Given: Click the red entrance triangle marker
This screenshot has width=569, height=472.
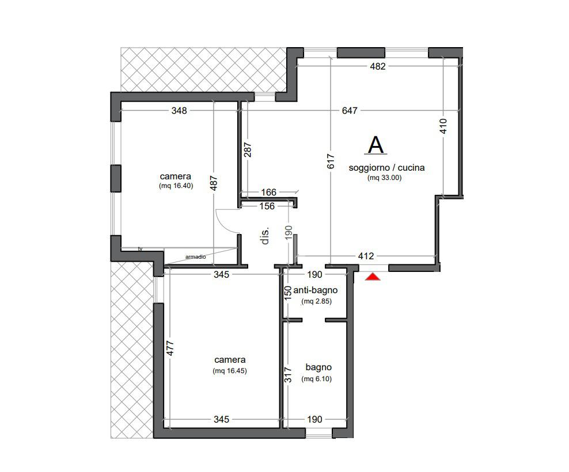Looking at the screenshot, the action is click(x=373, y=277).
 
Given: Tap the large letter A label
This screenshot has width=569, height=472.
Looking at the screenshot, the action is click(x=375, y=145).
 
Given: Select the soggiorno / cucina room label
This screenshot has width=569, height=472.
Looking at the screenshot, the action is click(x=386, y=168).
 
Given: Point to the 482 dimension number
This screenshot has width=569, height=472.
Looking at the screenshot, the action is click(x=377, y=66).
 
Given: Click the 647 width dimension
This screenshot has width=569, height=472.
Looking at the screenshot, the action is click(x=350, y=110).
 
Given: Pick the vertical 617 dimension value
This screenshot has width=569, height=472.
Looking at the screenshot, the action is click(x=331, y=161).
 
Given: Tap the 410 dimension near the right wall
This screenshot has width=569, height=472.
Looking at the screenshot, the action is click(x=443, y=126).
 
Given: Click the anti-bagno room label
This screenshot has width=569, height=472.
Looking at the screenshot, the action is click(x=316, y=290).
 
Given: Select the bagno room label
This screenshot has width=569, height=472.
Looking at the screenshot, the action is click(x=318, y=367).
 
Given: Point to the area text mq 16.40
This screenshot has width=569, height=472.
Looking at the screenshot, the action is click(x=176, y=186).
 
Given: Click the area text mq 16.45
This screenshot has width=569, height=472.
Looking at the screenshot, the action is click(x=230, y=371).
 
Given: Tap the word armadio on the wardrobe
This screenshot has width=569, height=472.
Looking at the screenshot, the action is click(x=196, y=257).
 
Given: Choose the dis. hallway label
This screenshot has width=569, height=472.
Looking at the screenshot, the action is click(x=265, y=236).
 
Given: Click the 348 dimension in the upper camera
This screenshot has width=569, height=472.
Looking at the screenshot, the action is click(x=179, y=110).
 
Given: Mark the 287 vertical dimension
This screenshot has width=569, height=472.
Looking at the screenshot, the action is click(x=248, y=149).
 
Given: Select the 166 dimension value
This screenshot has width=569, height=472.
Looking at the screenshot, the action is click(x=268, y=192).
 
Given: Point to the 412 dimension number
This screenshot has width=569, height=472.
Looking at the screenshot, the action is click(x=366, y=256).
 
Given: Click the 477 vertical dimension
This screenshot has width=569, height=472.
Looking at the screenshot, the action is click(x=170, y=348).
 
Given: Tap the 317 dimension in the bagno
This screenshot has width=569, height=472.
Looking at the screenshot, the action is click(x=288, y=375).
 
